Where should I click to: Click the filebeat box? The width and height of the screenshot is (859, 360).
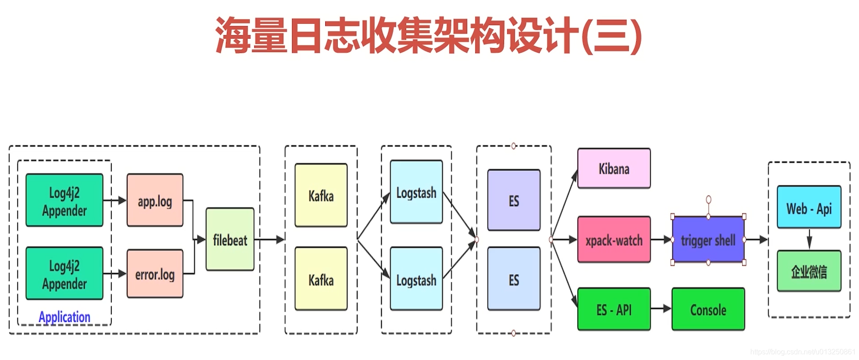click(230, 239)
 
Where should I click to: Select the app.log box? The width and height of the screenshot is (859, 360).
click(155, 200)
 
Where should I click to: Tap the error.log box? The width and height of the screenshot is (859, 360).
click(155, 274)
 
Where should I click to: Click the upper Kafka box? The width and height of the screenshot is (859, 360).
click(321, 195)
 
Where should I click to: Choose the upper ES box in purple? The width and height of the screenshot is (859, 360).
click(514, 200)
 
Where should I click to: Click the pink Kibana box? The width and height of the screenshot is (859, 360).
click(614, 168)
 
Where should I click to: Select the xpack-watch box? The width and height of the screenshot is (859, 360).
click(614, 240)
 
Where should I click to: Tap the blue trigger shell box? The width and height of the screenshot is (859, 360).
click(708, 240)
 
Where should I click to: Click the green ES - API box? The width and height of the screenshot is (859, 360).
click(614, 309)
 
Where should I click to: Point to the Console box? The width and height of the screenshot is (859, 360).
click(708, 309)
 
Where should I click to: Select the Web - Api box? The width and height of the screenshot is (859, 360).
click(809, 207)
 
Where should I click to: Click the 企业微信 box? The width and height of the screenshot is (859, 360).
click(809, 271)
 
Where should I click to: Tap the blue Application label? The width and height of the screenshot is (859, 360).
click(64, 317)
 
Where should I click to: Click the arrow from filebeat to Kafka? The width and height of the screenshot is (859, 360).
click(270, 240)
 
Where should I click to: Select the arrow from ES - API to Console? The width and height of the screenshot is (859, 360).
click(661, 309)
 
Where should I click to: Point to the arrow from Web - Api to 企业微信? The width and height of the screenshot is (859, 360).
click(809, 239)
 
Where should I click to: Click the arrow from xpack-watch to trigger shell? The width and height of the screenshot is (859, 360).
click(661, 240)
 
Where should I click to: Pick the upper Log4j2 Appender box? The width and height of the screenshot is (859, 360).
click(64, 200)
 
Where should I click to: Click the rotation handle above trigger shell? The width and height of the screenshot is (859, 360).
click(708, 199)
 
